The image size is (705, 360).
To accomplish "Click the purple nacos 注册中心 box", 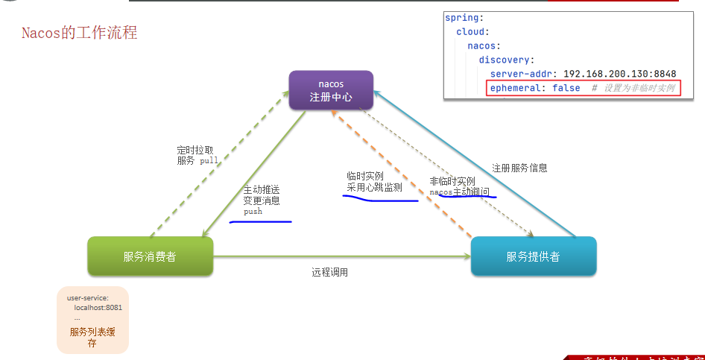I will (331, 90).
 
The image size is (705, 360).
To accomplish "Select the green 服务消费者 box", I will (150, 257).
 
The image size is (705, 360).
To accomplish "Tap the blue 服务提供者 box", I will (533, 257).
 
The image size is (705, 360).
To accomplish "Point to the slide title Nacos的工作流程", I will (79, 34).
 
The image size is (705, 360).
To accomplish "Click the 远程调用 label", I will (329, 273).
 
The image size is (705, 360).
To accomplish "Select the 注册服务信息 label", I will (519, 168).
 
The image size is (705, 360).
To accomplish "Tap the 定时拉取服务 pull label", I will (197, 154).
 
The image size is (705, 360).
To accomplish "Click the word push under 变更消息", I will (253, 212).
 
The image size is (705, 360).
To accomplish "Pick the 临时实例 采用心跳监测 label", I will (374, 182).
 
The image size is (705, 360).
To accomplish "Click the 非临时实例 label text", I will (452, 181).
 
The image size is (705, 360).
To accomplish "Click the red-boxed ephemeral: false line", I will (582, 88).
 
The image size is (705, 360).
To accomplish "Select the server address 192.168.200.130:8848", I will (619, 74).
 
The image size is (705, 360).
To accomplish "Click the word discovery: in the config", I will (507, 60).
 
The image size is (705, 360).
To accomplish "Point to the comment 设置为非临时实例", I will (639, 88).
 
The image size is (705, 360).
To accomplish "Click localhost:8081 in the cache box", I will (98, 307).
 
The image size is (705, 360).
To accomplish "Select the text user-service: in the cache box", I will (88, 298).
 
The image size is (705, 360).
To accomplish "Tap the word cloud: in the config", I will (472, 32).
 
